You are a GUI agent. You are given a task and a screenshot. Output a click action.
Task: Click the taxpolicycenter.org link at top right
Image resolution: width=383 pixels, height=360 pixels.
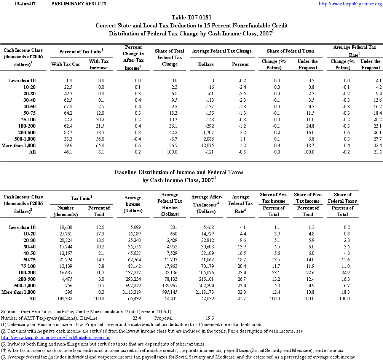pyautogui.click(x=350, y=4)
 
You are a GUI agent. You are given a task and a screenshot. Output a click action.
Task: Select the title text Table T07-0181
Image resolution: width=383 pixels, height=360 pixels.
pyautogui.click(x=191, y=18)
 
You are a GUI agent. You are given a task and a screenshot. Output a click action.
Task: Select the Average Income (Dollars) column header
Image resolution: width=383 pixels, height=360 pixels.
pyautogui.click(x=133, y=204)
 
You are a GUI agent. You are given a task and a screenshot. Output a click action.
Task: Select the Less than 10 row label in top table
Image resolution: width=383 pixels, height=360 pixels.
pyautogui.click(x=22, y=81)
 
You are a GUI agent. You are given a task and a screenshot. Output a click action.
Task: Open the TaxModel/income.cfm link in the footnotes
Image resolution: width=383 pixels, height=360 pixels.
pyautogui.click(x=56, y=338)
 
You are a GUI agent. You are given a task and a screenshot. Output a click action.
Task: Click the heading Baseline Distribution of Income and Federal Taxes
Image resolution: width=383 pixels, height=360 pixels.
pyautogui.click(x=179, y=173)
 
